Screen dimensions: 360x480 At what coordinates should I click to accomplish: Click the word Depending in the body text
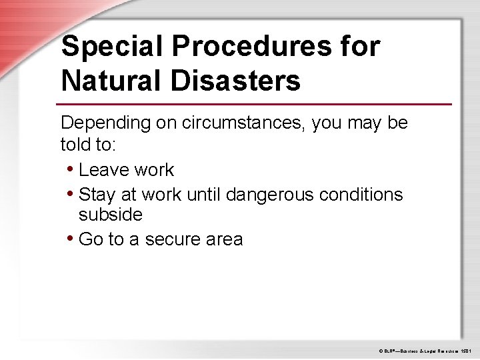[x=104, y=123]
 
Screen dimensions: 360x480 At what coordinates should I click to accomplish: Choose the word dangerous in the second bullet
[x=273, y=195]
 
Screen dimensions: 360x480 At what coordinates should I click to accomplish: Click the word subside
[x=111, y=215]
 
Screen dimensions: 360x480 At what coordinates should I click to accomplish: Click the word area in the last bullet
[x=225, y=239]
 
